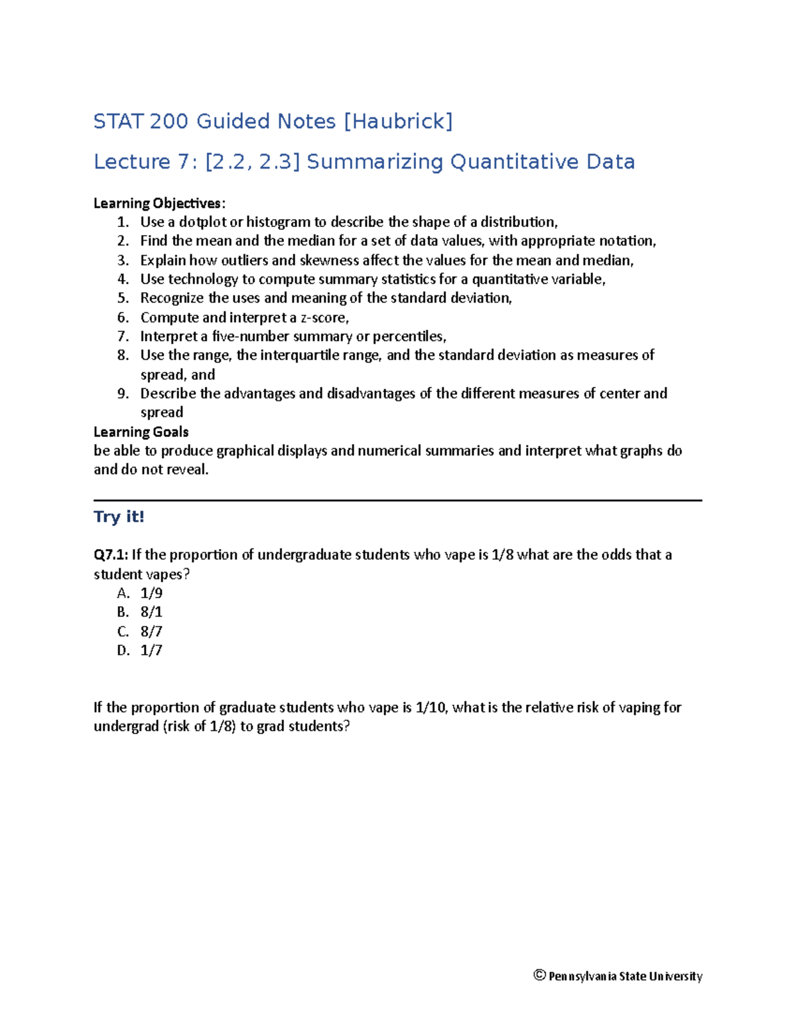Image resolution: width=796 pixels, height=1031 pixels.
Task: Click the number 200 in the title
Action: point(169,121)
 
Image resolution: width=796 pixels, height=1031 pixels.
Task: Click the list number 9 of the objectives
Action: point(122,394)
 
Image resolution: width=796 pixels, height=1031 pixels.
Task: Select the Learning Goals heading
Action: point(141,432)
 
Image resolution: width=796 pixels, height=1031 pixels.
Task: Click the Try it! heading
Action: point(119,517)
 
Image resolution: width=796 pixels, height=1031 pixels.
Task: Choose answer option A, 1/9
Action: point(151,593)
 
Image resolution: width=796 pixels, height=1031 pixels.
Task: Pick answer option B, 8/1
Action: point(151,612)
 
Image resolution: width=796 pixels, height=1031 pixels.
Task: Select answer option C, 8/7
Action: point(151,631)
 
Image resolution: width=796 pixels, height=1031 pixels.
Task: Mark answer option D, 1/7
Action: point(151,651)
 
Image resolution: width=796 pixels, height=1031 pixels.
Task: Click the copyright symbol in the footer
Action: point(539,975)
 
